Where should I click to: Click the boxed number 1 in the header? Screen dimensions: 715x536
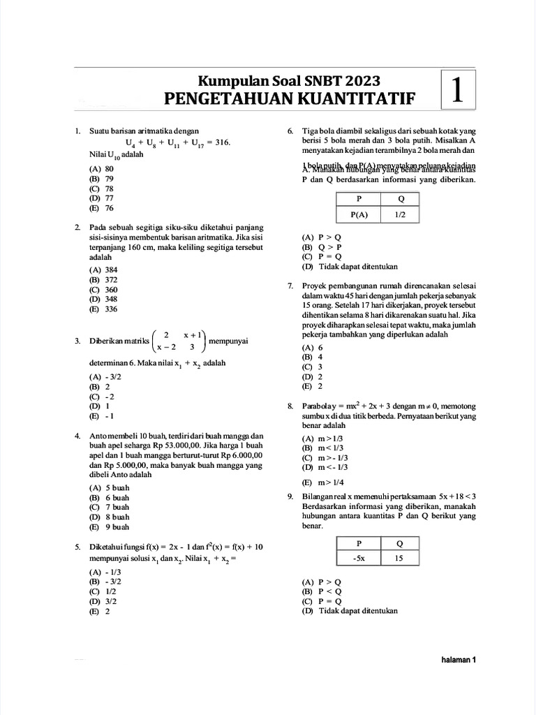pyautogui.click(x=458, y=90)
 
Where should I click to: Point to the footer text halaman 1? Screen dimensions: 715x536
pyautogui.click(x=459, y=660)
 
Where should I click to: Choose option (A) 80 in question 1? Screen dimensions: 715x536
pyautogui.click(x=101, y=169)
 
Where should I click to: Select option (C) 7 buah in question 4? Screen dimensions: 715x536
pyautogui.click(x=109, y=506)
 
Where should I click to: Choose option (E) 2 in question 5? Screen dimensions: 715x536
pyautogui.click(x=99, y=610)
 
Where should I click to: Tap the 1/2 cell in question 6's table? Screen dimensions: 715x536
pyautogui.click(x=400, y=216)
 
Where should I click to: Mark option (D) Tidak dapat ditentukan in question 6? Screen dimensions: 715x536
pyautogui.click(x=350, y=266)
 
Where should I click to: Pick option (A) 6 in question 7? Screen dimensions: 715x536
pyautogui.click(x=312, y=347)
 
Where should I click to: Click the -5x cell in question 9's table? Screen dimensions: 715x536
pyautogui.click(x=358, y=558)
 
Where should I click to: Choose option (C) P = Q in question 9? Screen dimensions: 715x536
pyautogui.click(x=322, y=600)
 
